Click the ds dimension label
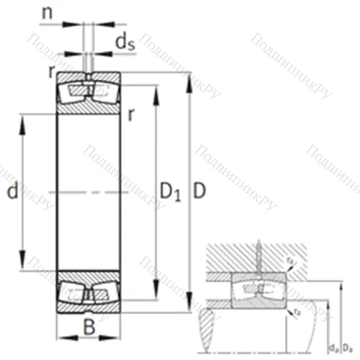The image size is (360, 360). pyautogui.click(x=124, y=42)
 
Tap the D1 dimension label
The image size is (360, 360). pyautogui.click(x=170, y=192)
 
